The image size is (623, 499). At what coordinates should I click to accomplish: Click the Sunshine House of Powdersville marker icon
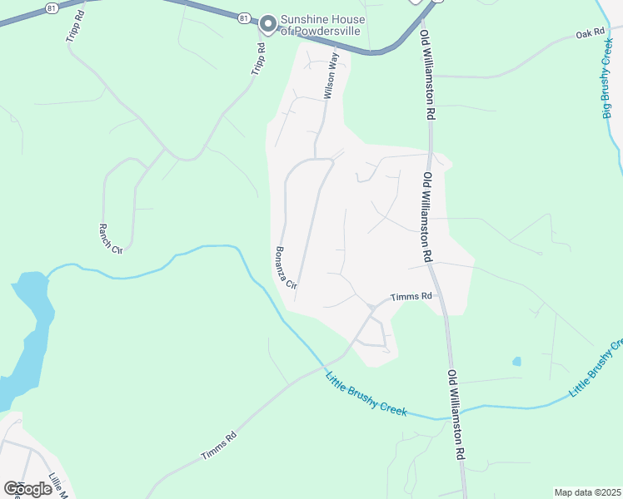pyautogui.click(x=268, y=25)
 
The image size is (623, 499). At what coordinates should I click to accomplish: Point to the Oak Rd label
pyautogui.click(x=588, y=35)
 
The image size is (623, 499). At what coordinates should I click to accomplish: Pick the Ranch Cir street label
pyautogui.click(x=110, y=239)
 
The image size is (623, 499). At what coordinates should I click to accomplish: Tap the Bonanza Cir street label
pyautogui.click(x=286, y=267)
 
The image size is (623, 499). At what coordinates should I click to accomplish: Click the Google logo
pyautogui.click(x=27, y=488)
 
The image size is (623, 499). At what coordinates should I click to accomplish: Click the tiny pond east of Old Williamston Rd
pyautogui.click(x=517, y=362)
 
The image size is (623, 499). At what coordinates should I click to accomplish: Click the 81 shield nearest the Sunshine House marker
pyautogui.click(x=243, y=17)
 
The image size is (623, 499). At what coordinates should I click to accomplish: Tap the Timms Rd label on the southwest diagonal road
pyautogui.click(x=219, y=446)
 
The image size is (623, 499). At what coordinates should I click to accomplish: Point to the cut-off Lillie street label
pyautogui.click(x=57, y=485)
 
